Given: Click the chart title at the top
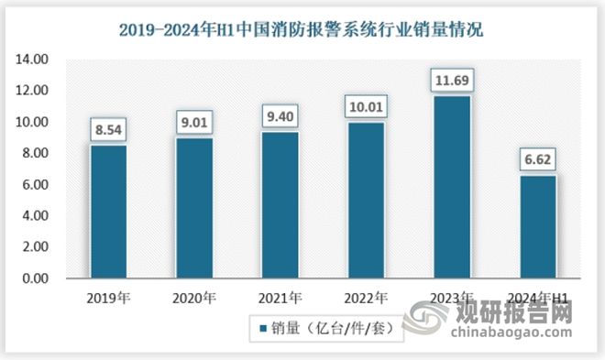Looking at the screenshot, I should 302,29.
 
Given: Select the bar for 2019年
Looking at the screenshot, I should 109,211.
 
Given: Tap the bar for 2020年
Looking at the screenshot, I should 194,207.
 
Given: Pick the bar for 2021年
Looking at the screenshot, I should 279,204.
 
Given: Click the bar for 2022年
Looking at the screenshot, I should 363,200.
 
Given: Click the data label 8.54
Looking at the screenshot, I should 109,130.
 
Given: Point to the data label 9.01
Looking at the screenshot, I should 194,123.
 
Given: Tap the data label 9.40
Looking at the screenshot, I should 279,116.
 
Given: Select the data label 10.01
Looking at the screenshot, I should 363,107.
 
